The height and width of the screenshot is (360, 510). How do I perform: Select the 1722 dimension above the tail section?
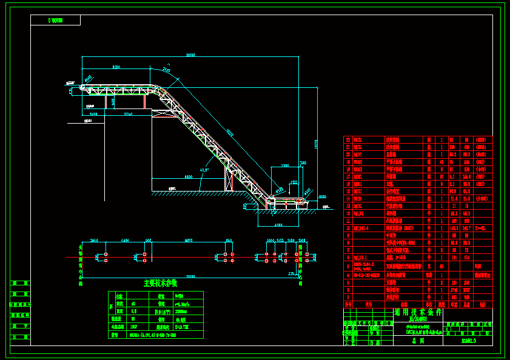(x=294, y=182)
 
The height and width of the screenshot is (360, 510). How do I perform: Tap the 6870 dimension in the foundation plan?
(x=189, y=241)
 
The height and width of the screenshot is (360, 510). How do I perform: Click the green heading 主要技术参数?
(x=160, y=282)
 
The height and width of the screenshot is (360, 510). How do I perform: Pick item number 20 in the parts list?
(x=348, y=154)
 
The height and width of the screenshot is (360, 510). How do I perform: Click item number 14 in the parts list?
(x=348, y=198)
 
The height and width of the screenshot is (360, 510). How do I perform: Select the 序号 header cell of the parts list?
(x=348, y=305)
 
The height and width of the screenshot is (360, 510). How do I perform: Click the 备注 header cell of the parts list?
(x=483, y=305)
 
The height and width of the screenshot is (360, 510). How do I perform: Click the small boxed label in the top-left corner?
(x=55, y=21)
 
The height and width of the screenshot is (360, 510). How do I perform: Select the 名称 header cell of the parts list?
(x=406, y=305)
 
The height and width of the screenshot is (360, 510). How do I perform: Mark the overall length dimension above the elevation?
(x=190, y=55)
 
